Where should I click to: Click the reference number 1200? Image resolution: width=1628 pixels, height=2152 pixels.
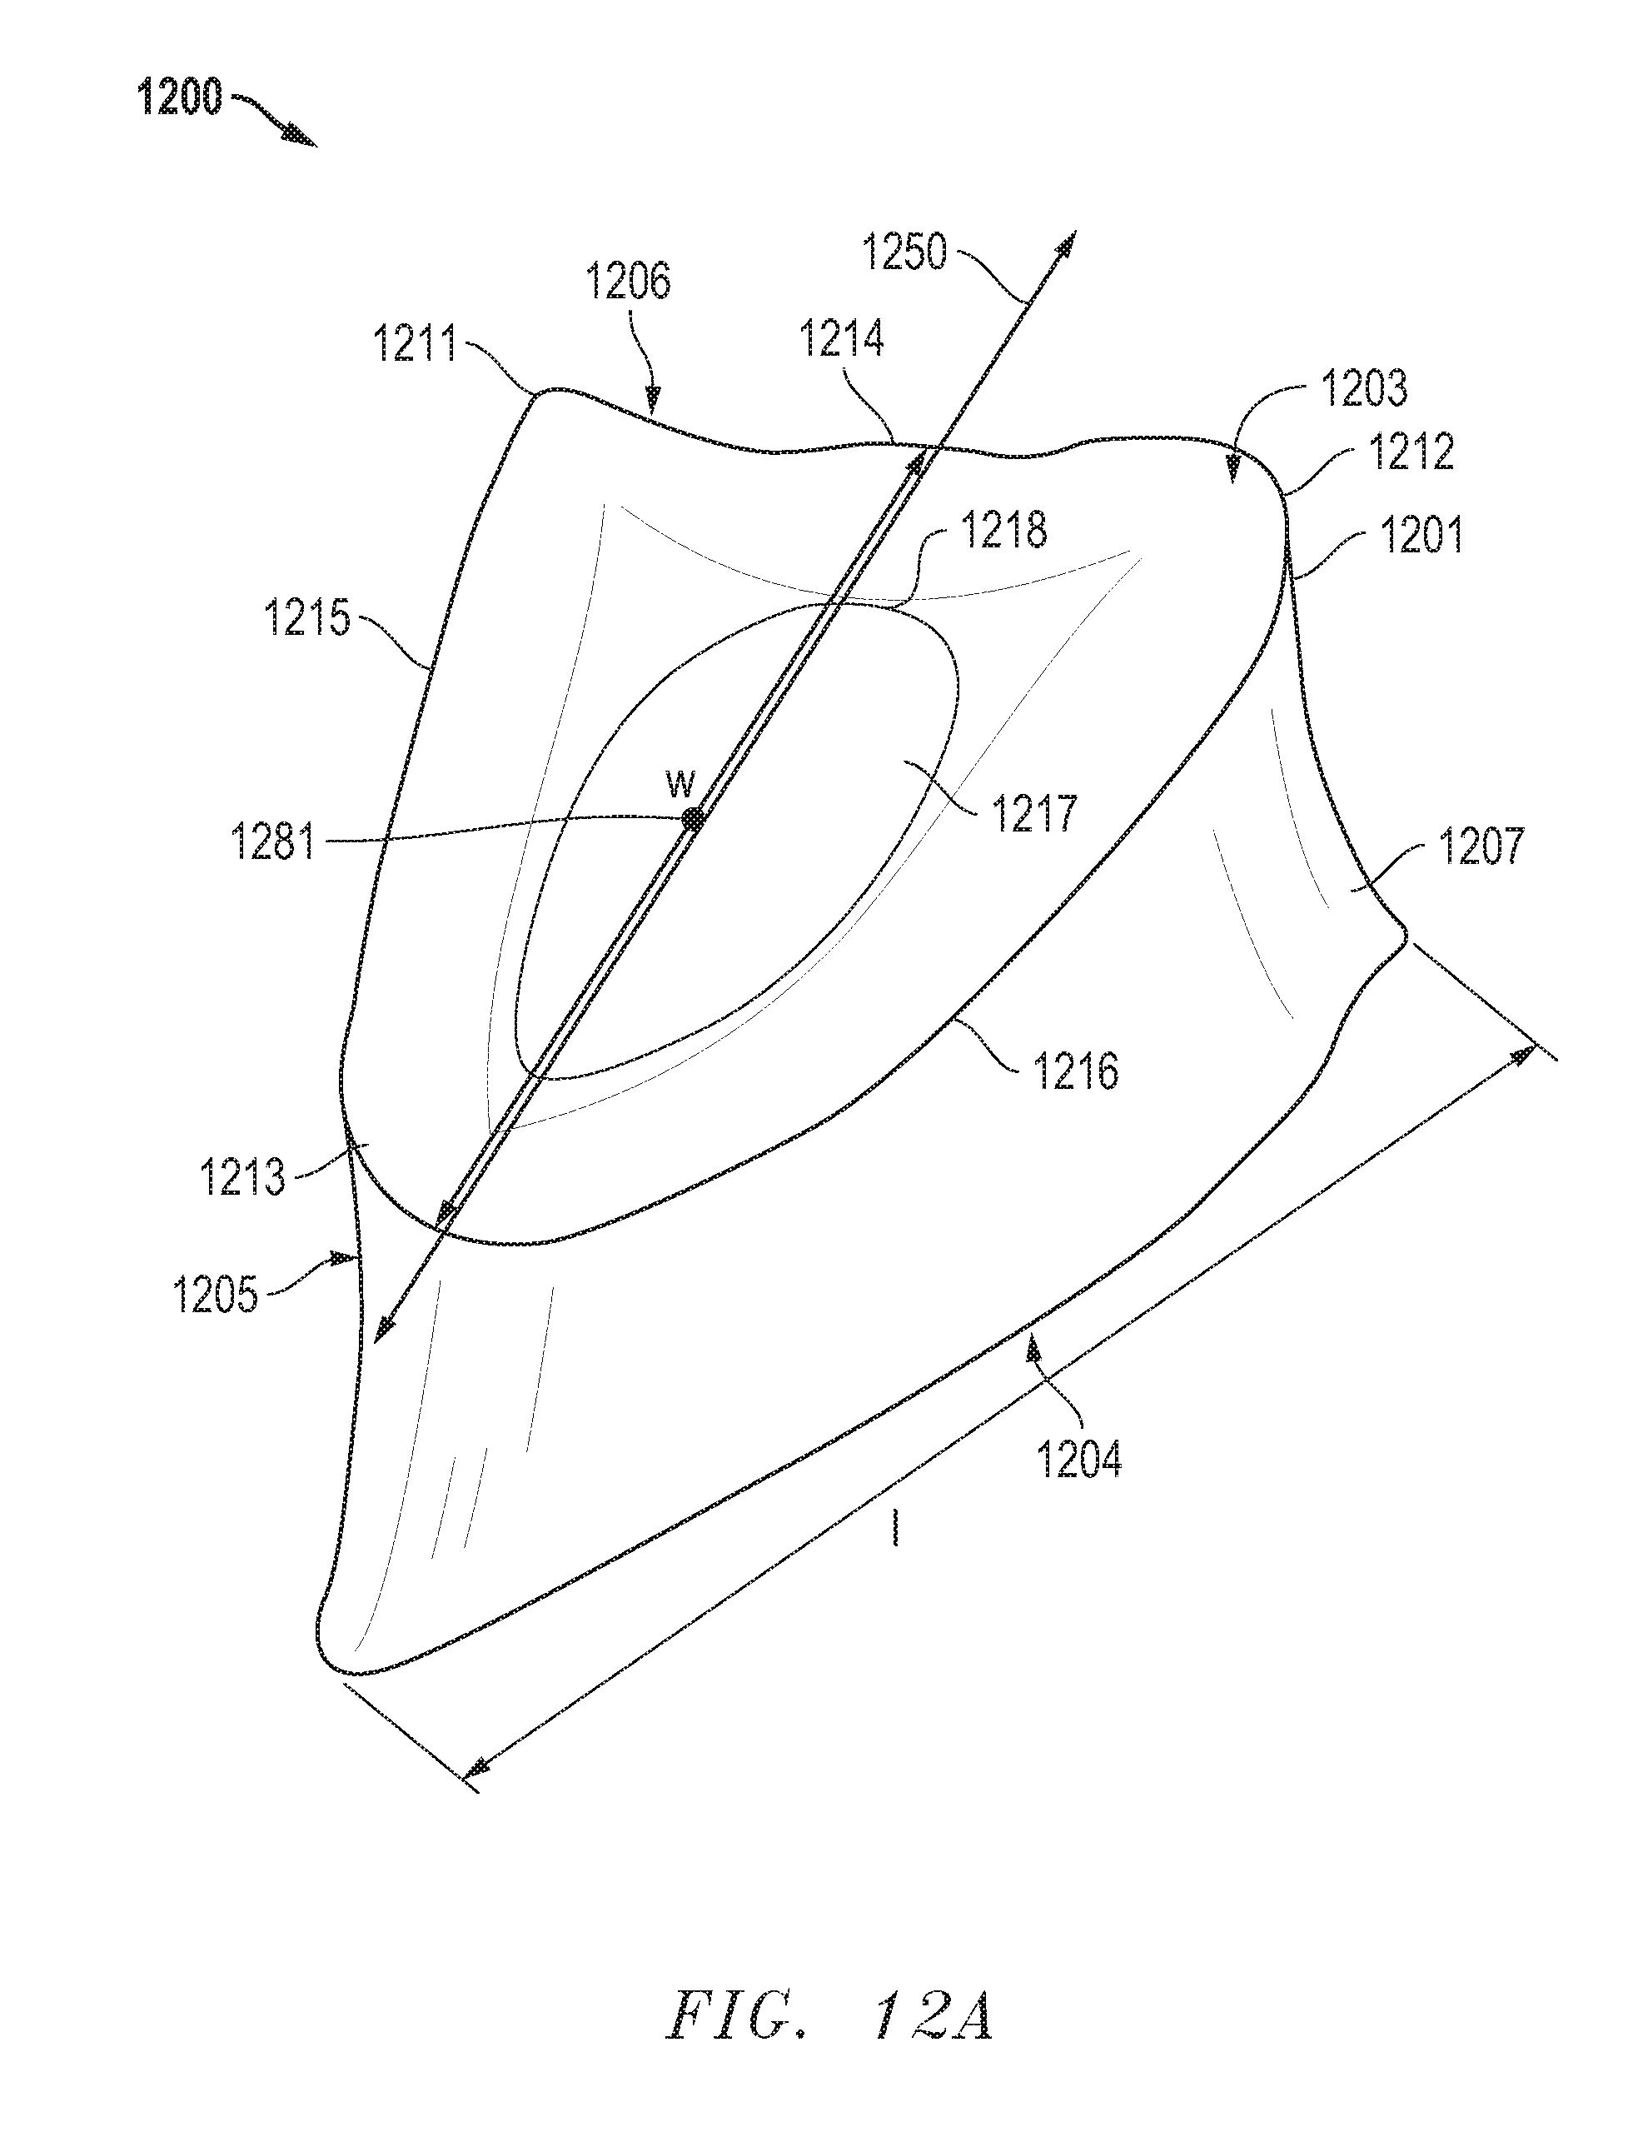point(181,98)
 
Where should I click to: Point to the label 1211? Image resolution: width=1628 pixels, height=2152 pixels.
point(416,344)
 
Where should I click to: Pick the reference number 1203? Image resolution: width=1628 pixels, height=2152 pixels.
point(1363,388)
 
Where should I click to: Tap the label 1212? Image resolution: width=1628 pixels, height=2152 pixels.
point(1411,452)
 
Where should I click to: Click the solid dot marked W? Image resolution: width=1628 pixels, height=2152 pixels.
point(691,818)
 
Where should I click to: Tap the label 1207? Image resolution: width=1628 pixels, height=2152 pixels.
point(1481,846)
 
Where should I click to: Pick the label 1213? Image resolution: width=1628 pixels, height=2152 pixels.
point(242,1178)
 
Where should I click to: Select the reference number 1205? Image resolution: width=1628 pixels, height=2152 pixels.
point(215,1295)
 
